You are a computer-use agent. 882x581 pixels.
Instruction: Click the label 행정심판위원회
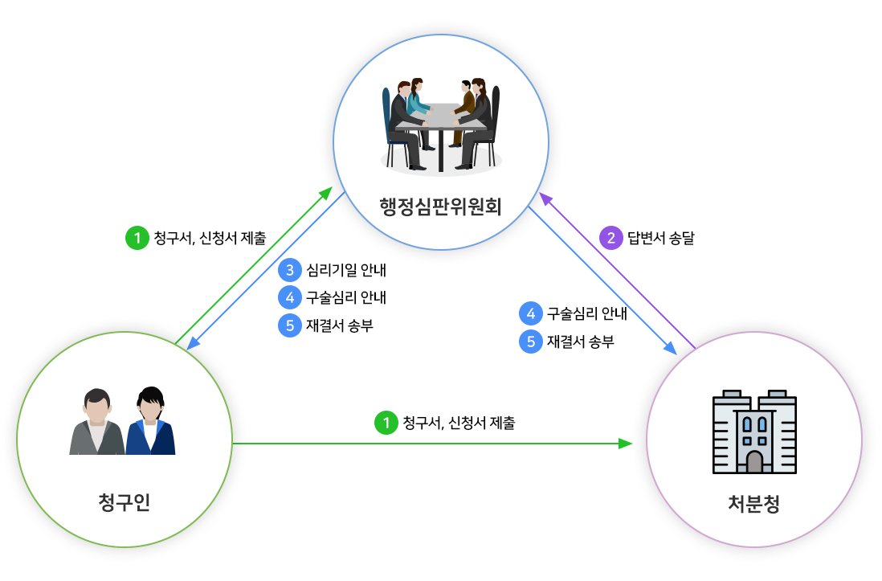440,207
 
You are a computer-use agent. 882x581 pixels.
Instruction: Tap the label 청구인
124,503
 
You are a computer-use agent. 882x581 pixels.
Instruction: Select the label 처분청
753,505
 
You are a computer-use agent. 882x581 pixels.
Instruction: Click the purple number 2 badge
612,237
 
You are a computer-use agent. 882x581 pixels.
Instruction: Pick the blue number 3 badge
289,269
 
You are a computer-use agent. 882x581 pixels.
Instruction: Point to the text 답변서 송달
660,237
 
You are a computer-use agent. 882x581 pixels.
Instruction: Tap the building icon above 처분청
753,432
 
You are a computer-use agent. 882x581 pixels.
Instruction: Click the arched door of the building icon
753,461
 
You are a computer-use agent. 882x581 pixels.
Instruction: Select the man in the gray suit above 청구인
96,422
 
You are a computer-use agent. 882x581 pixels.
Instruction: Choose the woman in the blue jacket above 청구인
150,422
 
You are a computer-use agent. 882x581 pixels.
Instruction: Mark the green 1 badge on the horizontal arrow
386,422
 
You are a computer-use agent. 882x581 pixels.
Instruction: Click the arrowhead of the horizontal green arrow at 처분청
627,443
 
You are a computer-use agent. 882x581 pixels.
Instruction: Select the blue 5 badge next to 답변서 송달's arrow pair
530,342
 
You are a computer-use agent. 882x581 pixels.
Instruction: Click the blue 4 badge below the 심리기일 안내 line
289,297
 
